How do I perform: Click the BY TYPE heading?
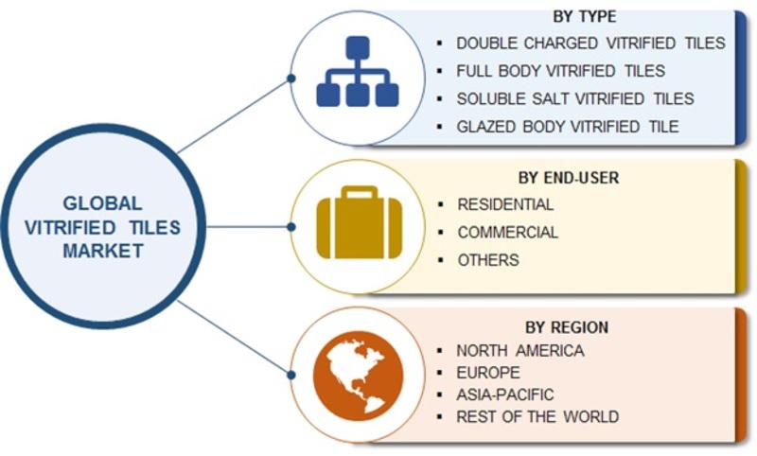pyautogui.click(x=584, y=16)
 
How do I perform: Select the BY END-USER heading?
pyautogui.click(x=569, y=178)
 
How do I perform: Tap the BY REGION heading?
pyautogui.click(x=567, y=327)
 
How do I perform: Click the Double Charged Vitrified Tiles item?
pyautogui.click(x=590, y=43)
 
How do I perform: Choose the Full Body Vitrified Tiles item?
pyautogui.click(x=560, y=71)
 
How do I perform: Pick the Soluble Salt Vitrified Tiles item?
pyautogui.click(x=575, y=98)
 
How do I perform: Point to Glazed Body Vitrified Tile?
pyautogui.click(x=568, y=127)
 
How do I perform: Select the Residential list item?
pyautogui.click(x=505, y=204)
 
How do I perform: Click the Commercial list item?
pyautogui.click(x=508, y=232)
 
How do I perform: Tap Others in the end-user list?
pyautogui.click(x=488, y=260)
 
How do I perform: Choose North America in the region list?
pyautogui.click(x=519, y=350)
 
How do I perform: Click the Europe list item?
pyautogui.click(x=488, y=373)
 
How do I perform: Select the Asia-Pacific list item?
pyautogui.click(x=505, y=395)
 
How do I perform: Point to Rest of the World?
pyautogui.click(x=537, y=416)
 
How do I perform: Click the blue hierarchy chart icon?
pyautogui.click(x=358, y=71)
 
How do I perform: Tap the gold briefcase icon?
pyautogui.click(x=360, y=222)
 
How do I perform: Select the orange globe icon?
pyautogui.click(x=358, y=376)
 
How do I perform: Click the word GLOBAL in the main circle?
pyautogui.click(x=102, y=203)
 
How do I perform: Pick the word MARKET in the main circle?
pyautogui.click(x=103, y=251)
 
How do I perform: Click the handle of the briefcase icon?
pyautogui.click(x=360, y=192)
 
